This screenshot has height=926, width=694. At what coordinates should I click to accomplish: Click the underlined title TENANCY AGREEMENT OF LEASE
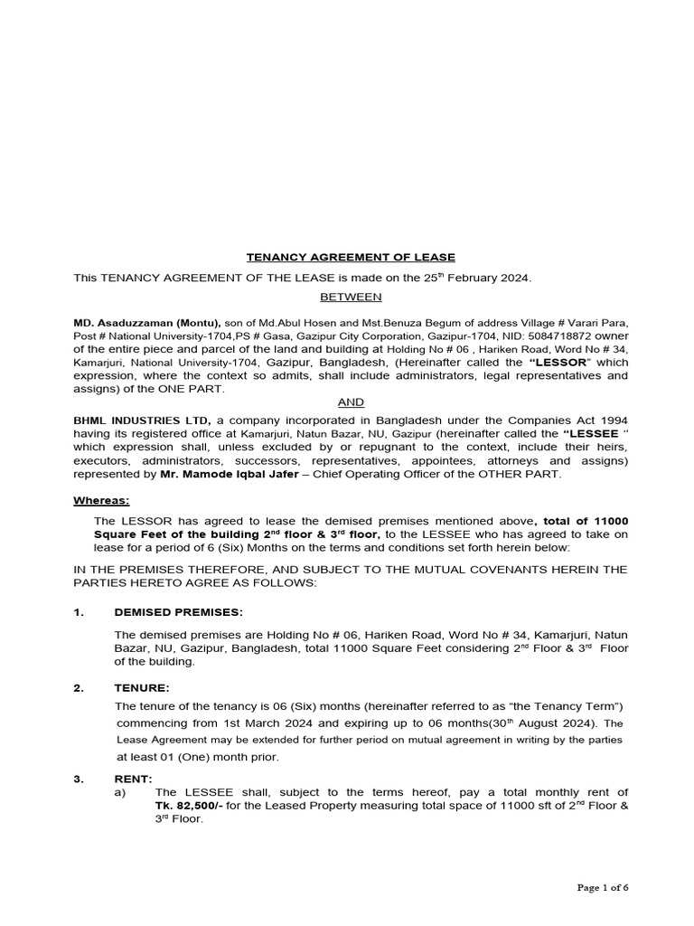pyautogui.click(x=352, y=257)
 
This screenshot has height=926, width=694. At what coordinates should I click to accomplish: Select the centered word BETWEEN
pyautogui.click(x=352, y=297)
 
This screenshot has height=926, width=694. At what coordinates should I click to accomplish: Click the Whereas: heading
pyautogui.click(x=101, y=500)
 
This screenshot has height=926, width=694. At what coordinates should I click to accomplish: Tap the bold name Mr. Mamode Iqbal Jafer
pyautogui.click(x=211, y=474)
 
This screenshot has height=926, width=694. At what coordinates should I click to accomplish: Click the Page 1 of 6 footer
pyautogui.click(x=603, y=887)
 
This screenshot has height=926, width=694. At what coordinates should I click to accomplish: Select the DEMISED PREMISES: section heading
pyautogui.click(x=178, y=612)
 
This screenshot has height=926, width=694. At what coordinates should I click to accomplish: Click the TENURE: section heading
pyautogui.click(x=142, y=688)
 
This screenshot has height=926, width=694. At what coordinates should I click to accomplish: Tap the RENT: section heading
pyautogui.click(x=134, y=779)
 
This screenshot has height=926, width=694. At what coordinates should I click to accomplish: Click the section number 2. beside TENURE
pyautogui.click(x=80, y=688)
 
